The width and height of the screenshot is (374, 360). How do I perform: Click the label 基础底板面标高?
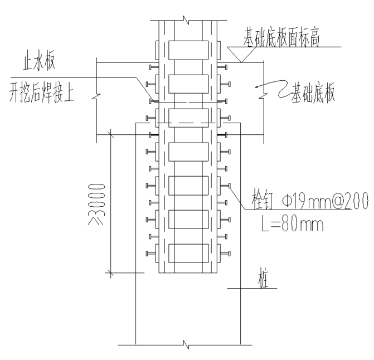(281, 38)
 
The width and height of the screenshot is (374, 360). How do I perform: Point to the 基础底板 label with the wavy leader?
(313, 93)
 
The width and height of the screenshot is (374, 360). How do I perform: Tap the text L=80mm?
(292, 223)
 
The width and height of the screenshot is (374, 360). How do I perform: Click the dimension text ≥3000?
(96, 205)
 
